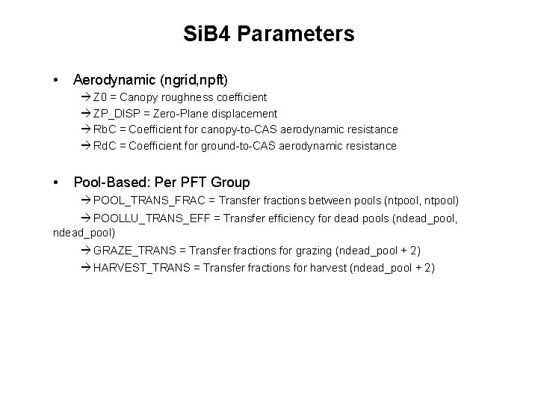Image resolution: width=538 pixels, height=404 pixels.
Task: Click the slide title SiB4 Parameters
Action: point(269,34)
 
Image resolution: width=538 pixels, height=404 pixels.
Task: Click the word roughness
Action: point(186,97)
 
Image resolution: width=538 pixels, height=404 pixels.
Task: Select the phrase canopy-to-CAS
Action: point(232,129)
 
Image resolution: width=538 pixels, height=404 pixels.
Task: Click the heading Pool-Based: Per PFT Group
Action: point(161,182)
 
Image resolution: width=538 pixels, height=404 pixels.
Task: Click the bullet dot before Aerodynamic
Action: point(57,79)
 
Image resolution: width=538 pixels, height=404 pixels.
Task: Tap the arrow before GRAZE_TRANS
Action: point(87,249)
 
